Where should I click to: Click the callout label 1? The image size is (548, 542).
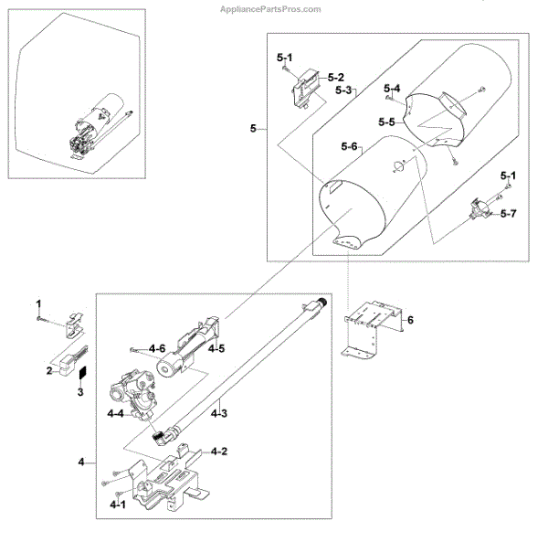38,303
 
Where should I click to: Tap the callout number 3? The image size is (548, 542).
79,392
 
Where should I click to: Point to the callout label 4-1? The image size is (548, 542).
118,504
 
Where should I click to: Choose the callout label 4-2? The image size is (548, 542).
219,452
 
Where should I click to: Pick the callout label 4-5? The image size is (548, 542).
216,348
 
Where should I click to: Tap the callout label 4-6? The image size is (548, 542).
157,349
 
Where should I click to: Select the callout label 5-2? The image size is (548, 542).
335,78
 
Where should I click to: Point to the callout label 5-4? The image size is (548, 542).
393,88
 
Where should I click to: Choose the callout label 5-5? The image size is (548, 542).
386,122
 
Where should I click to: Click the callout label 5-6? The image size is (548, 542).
350,147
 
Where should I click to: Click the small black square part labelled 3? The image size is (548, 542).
80,373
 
